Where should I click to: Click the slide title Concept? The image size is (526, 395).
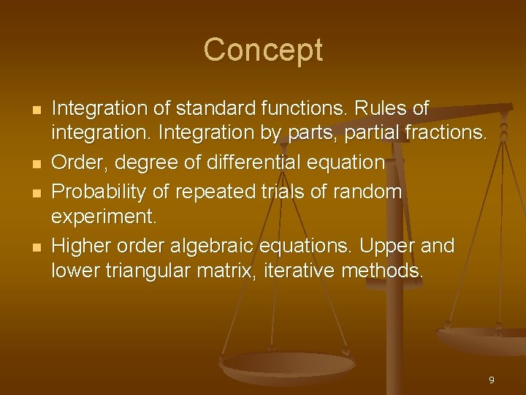pyautogui.click(x=263, y=50)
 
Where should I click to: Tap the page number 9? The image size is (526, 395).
pyautogui.click(x=492, y=380)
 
